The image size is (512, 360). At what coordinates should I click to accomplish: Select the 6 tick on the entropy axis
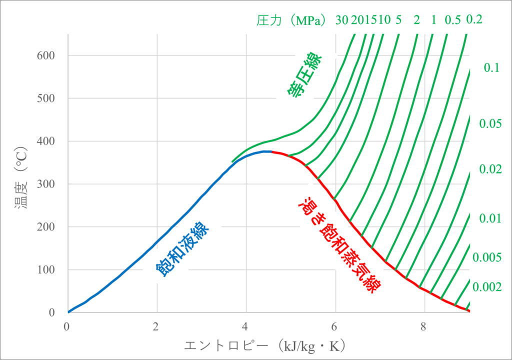coord(334,327)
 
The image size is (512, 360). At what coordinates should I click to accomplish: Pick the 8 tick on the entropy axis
coord(423,327)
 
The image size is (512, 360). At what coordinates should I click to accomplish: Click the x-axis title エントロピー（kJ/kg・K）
coord(265,346)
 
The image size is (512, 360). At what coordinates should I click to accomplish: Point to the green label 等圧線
coord(304,76)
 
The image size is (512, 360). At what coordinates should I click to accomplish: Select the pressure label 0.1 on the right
coord(492,68)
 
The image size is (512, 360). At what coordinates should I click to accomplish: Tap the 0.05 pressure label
coord(490,123)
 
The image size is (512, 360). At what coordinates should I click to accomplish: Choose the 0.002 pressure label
coord(487,286)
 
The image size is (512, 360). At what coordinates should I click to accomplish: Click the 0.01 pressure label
coord(490,218)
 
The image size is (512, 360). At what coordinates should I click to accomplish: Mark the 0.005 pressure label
coord(487,257)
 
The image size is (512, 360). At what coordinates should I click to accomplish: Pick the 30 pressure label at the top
coord(342,20)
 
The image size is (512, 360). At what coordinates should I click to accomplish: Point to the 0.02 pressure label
coord(490,169)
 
